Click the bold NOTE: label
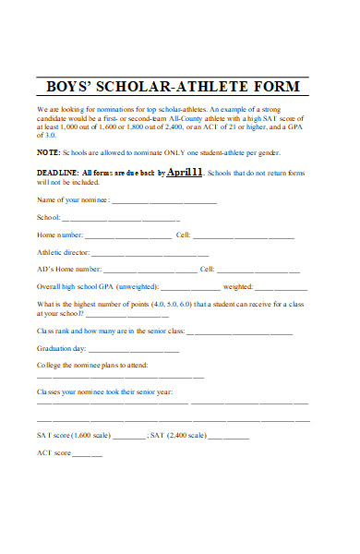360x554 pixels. click(49, 151)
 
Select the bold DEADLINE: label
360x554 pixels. click(57, 173)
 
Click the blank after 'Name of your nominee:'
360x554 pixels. click(166, 200)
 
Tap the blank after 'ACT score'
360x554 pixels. click(88, 454)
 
